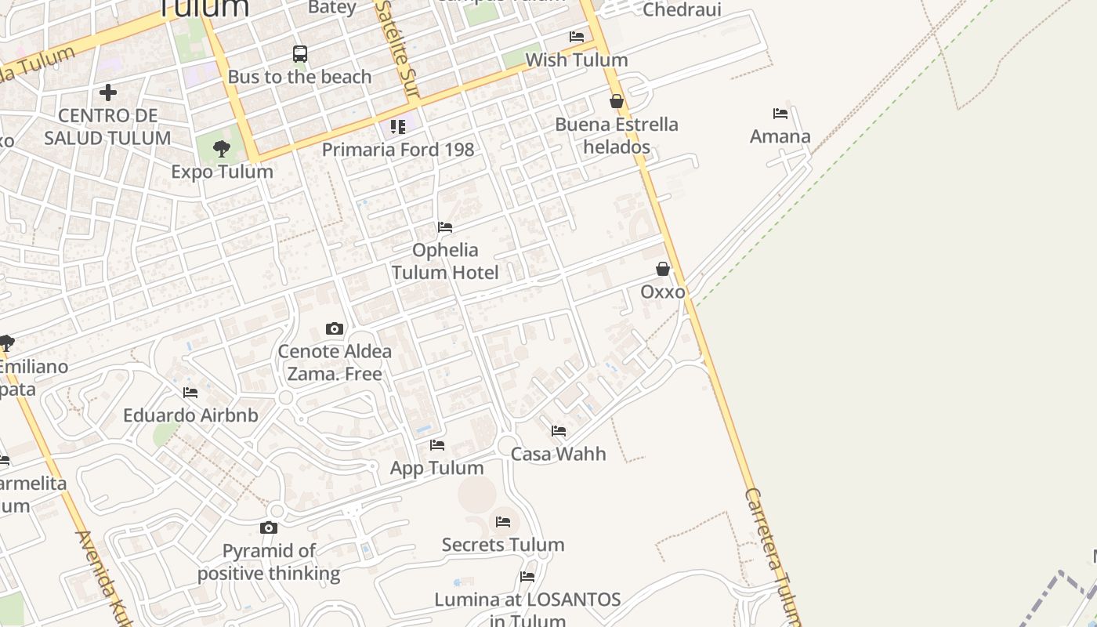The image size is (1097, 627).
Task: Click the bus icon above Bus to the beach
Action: [x=300, y=54]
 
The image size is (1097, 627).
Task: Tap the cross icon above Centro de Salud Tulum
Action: [x=108, y=92]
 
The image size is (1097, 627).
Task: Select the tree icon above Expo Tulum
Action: [x=222, y=148]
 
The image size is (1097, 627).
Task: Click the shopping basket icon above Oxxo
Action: [x=663, y=269]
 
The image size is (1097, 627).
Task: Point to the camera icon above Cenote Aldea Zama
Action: [x=335, y=328]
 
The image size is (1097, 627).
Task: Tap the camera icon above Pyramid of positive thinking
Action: [x=269, y=527]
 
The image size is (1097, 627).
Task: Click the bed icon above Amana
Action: [x=780, y=114]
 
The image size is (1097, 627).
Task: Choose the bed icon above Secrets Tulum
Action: [x=503, y=521]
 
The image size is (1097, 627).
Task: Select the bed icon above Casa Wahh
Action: [x=559, y=430]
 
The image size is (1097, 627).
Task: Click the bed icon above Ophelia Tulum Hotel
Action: [x=445, y=227]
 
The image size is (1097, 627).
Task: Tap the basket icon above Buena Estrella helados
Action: [x=617, y=101]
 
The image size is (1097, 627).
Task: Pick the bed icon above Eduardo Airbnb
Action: [x=190, y=392]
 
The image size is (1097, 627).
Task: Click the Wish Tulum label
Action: [x=577, y=60]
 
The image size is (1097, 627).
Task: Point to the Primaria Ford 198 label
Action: [x=398, y=149]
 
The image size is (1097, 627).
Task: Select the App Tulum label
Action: [x=437, y=468]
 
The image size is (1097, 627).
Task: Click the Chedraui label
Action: [x=682, y=9]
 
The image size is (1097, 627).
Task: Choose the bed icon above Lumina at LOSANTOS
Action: [x=527, y=577]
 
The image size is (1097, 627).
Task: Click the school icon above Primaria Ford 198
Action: [x=398, y=126]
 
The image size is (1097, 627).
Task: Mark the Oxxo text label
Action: [x=663, y=292]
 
